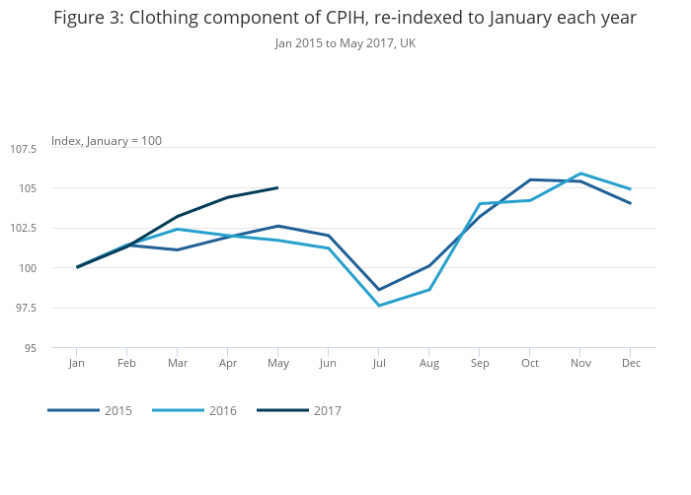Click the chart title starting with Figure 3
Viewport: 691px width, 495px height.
pyautogui.click(x=345, y=18)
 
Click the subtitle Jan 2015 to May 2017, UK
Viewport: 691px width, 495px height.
pyautogui.click(x=345, y=43)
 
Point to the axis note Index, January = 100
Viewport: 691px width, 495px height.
pyautogui.click(x=107, y=141)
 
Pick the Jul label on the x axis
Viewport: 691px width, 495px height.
pyautogui.click(x=378, y=364)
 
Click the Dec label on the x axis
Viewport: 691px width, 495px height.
pyautogui.click(x=631, y=364)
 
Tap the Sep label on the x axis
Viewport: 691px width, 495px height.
pyautogui.click(x=479, y=364)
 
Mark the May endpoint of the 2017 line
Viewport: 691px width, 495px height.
pyautogui.click(x=277, y=187)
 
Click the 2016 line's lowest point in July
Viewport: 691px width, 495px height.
pyautogui.click(x=378, y=306)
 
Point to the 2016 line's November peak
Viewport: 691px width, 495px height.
pyautogui.click(x=580, y=174)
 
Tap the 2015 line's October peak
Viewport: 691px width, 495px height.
pyautogui.click(x=530, y=179)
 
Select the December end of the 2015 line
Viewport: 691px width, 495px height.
pyautogui.click(x=631, y=203)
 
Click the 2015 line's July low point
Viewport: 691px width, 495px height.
pyautogui.click(x=378, y=290)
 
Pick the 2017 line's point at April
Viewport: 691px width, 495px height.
pyautogui.click(x=227, y=197)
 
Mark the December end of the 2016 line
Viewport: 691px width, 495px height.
pyautogui.click(x=631, y=189)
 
